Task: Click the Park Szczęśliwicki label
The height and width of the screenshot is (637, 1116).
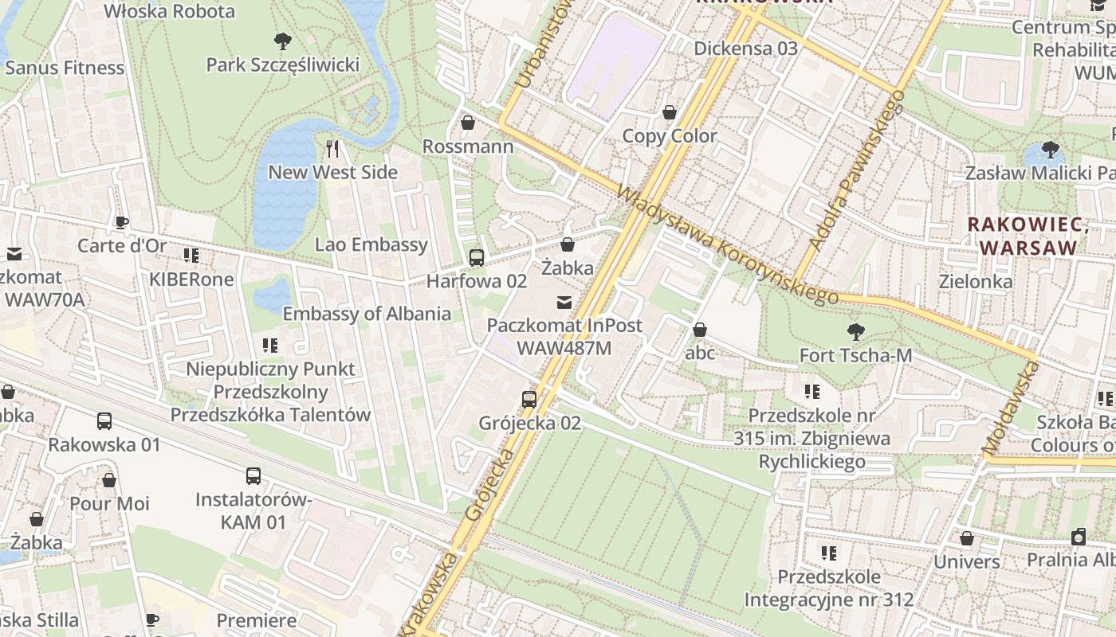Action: (283, 64)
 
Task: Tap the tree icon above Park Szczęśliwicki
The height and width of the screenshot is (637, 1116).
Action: (282, 41)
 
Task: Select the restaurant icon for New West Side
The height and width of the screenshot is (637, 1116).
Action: (333, 148)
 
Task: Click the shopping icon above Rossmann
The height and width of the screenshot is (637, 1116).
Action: (468, 123)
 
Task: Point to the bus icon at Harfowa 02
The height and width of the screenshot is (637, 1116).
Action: (477, 257)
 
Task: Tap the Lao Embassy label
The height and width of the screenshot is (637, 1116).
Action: (371, 244)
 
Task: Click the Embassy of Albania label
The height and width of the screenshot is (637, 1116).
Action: (367, 313)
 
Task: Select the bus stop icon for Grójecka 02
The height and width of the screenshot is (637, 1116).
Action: (529, 399)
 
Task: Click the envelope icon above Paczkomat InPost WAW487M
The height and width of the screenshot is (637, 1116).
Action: (564, 302)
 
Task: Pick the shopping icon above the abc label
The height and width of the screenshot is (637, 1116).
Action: (700, 329)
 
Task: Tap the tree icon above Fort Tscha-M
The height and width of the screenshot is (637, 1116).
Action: (856, 331)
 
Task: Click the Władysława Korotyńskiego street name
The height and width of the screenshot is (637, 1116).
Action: (727, 245)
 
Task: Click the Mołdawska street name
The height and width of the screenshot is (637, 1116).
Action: (1012, 408)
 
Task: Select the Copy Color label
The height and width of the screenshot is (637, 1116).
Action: (670, 135)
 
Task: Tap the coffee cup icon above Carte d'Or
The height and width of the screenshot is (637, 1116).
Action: (121, 222)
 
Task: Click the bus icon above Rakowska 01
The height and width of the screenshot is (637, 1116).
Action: (104, 421)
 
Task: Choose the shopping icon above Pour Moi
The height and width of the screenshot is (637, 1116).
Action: (109, 480)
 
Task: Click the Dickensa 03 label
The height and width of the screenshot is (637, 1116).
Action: (745, 48)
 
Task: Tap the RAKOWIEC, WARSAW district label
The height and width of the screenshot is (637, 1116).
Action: (1028, 236)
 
